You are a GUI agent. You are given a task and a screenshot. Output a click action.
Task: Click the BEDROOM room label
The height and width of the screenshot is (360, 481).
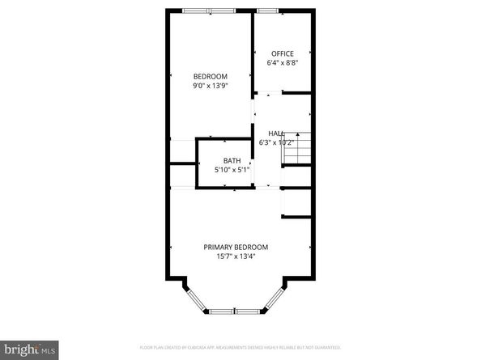point(209,76)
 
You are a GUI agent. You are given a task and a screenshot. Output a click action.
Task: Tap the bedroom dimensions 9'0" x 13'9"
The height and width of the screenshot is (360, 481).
point(209,85)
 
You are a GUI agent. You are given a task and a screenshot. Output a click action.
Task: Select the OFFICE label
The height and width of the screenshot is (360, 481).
point(283,53)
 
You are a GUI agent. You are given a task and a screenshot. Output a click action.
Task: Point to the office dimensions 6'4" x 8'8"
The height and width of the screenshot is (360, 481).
point(283,62)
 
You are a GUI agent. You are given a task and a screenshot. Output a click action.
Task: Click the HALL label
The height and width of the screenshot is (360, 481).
point(276,133)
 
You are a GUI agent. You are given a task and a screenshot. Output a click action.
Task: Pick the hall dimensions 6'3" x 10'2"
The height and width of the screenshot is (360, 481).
point(275,142)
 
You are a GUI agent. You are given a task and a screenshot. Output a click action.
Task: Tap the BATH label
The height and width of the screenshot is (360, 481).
point(232,161)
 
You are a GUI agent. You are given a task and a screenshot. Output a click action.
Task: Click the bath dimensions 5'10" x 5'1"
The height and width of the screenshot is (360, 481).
point(232,170)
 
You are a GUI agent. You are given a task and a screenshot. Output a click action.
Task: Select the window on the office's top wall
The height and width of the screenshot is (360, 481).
point(267,11)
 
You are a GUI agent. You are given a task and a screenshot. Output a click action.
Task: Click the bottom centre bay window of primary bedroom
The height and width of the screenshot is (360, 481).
point(236,310)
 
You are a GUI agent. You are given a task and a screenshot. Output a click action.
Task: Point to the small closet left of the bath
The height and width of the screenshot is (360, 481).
point(183,176)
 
